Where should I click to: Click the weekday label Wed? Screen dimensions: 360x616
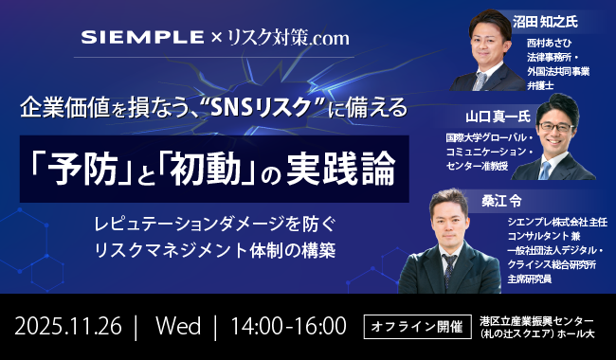coord(179,327)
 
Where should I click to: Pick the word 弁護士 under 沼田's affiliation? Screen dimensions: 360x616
coord(541,85)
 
